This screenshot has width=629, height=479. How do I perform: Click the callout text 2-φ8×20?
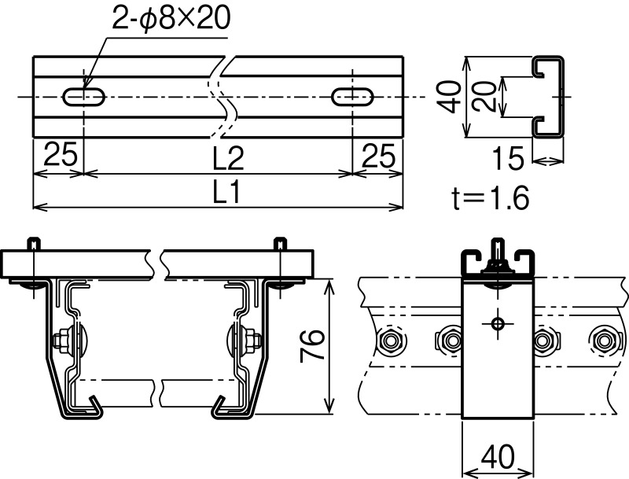click(171, 17)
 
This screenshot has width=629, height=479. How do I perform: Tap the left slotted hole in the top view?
click(84, 97)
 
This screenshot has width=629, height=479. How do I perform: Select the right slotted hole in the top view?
click(353, 97)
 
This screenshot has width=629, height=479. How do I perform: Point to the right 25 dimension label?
click(378, 156)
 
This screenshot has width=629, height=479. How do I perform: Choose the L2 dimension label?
click(228, 158)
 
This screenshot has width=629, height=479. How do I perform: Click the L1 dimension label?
click(226, 192)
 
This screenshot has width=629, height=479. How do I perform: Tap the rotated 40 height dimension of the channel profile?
click(449, 97)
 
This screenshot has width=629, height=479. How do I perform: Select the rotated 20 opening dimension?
click(484, 97)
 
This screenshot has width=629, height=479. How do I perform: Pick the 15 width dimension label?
click(508, 158)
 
